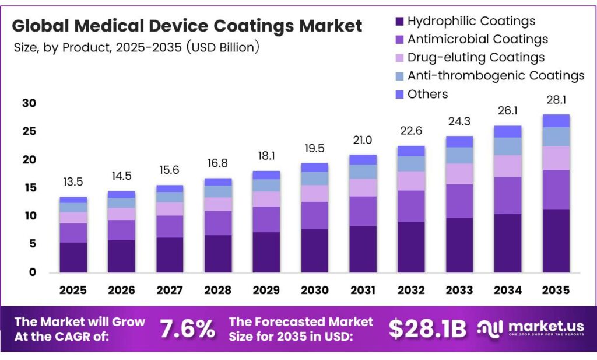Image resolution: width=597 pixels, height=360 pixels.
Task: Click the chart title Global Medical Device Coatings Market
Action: (187, 26)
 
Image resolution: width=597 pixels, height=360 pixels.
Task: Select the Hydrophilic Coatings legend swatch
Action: (399, 22)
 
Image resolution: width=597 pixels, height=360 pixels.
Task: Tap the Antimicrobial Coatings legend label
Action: (477, 39)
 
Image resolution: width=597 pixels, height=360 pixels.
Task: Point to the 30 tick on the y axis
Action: (29, 103)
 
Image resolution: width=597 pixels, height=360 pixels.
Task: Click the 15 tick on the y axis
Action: (29, 188)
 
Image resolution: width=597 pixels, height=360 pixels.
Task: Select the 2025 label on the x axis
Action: (73, 290)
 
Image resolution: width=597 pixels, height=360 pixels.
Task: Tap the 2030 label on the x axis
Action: (314, 290)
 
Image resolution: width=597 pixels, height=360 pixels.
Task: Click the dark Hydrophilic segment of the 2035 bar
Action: (556, 241)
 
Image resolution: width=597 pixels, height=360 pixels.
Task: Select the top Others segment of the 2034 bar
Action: (507, 131)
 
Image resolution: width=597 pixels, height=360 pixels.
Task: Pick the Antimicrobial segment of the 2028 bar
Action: (217, 223)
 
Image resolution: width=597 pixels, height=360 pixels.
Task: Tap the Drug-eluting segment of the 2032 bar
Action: (411, 181)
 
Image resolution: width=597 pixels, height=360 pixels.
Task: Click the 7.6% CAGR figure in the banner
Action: (187, 330)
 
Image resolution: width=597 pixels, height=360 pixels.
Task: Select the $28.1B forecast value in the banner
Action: (427, 330)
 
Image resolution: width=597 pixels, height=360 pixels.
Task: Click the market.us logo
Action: (531, 328)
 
